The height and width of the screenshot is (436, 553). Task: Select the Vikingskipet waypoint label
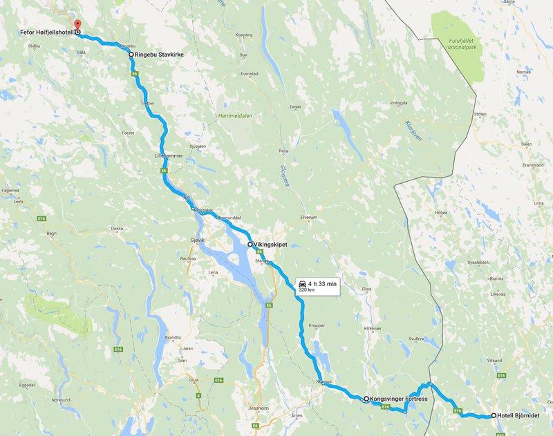pos(270,245)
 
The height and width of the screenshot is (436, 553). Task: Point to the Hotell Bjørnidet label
pos(518,416)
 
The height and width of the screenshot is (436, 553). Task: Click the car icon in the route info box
pos(302,283)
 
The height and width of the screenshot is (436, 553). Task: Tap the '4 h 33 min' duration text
pos(323,283)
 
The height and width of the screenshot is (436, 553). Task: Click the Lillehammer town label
pos(168,156)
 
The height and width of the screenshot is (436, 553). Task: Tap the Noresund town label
pos(61,400)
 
